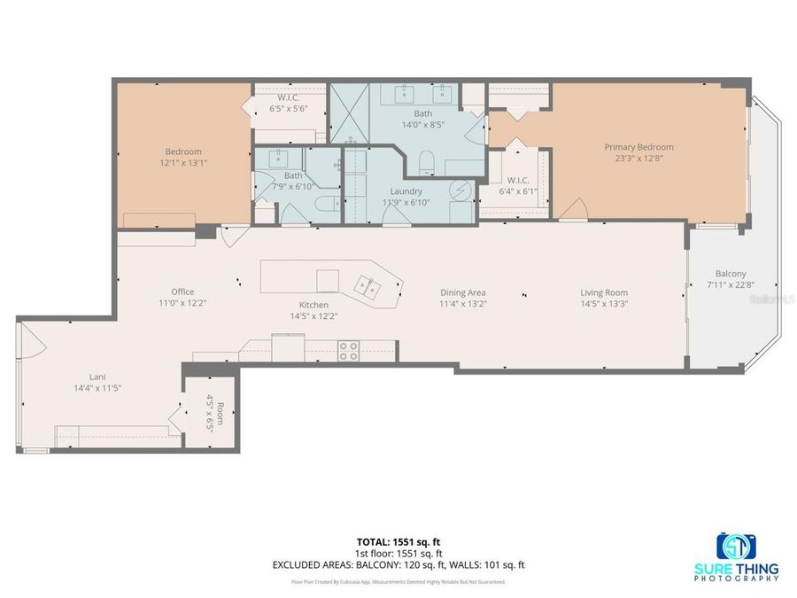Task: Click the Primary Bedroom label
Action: click(x=638, y=147)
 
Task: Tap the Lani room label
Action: click(x=98, y=377)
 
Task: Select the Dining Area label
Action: click(x=463, y=292)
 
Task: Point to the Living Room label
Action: click(x=604, y=292)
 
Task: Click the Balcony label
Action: click(x=731, y=274)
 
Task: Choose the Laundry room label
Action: click(x=406, y=190)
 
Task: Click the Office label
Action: click(x=182, y=291)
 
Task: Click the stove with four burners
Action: click(x=348, y=351)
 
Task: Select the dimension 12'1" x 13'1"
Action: click(x=182, y=163)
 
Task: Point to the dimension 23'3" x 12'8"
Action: click(x=638, y=159)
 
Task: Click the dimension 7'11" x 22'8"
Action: click(x=731, y=284)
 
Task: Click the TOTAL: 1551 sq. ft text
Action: click(x=398, y=541)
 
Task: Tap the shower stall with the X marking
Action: click(x=348, y=113)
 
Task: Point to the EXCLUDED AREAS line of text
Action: click(x=398, y=564)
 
